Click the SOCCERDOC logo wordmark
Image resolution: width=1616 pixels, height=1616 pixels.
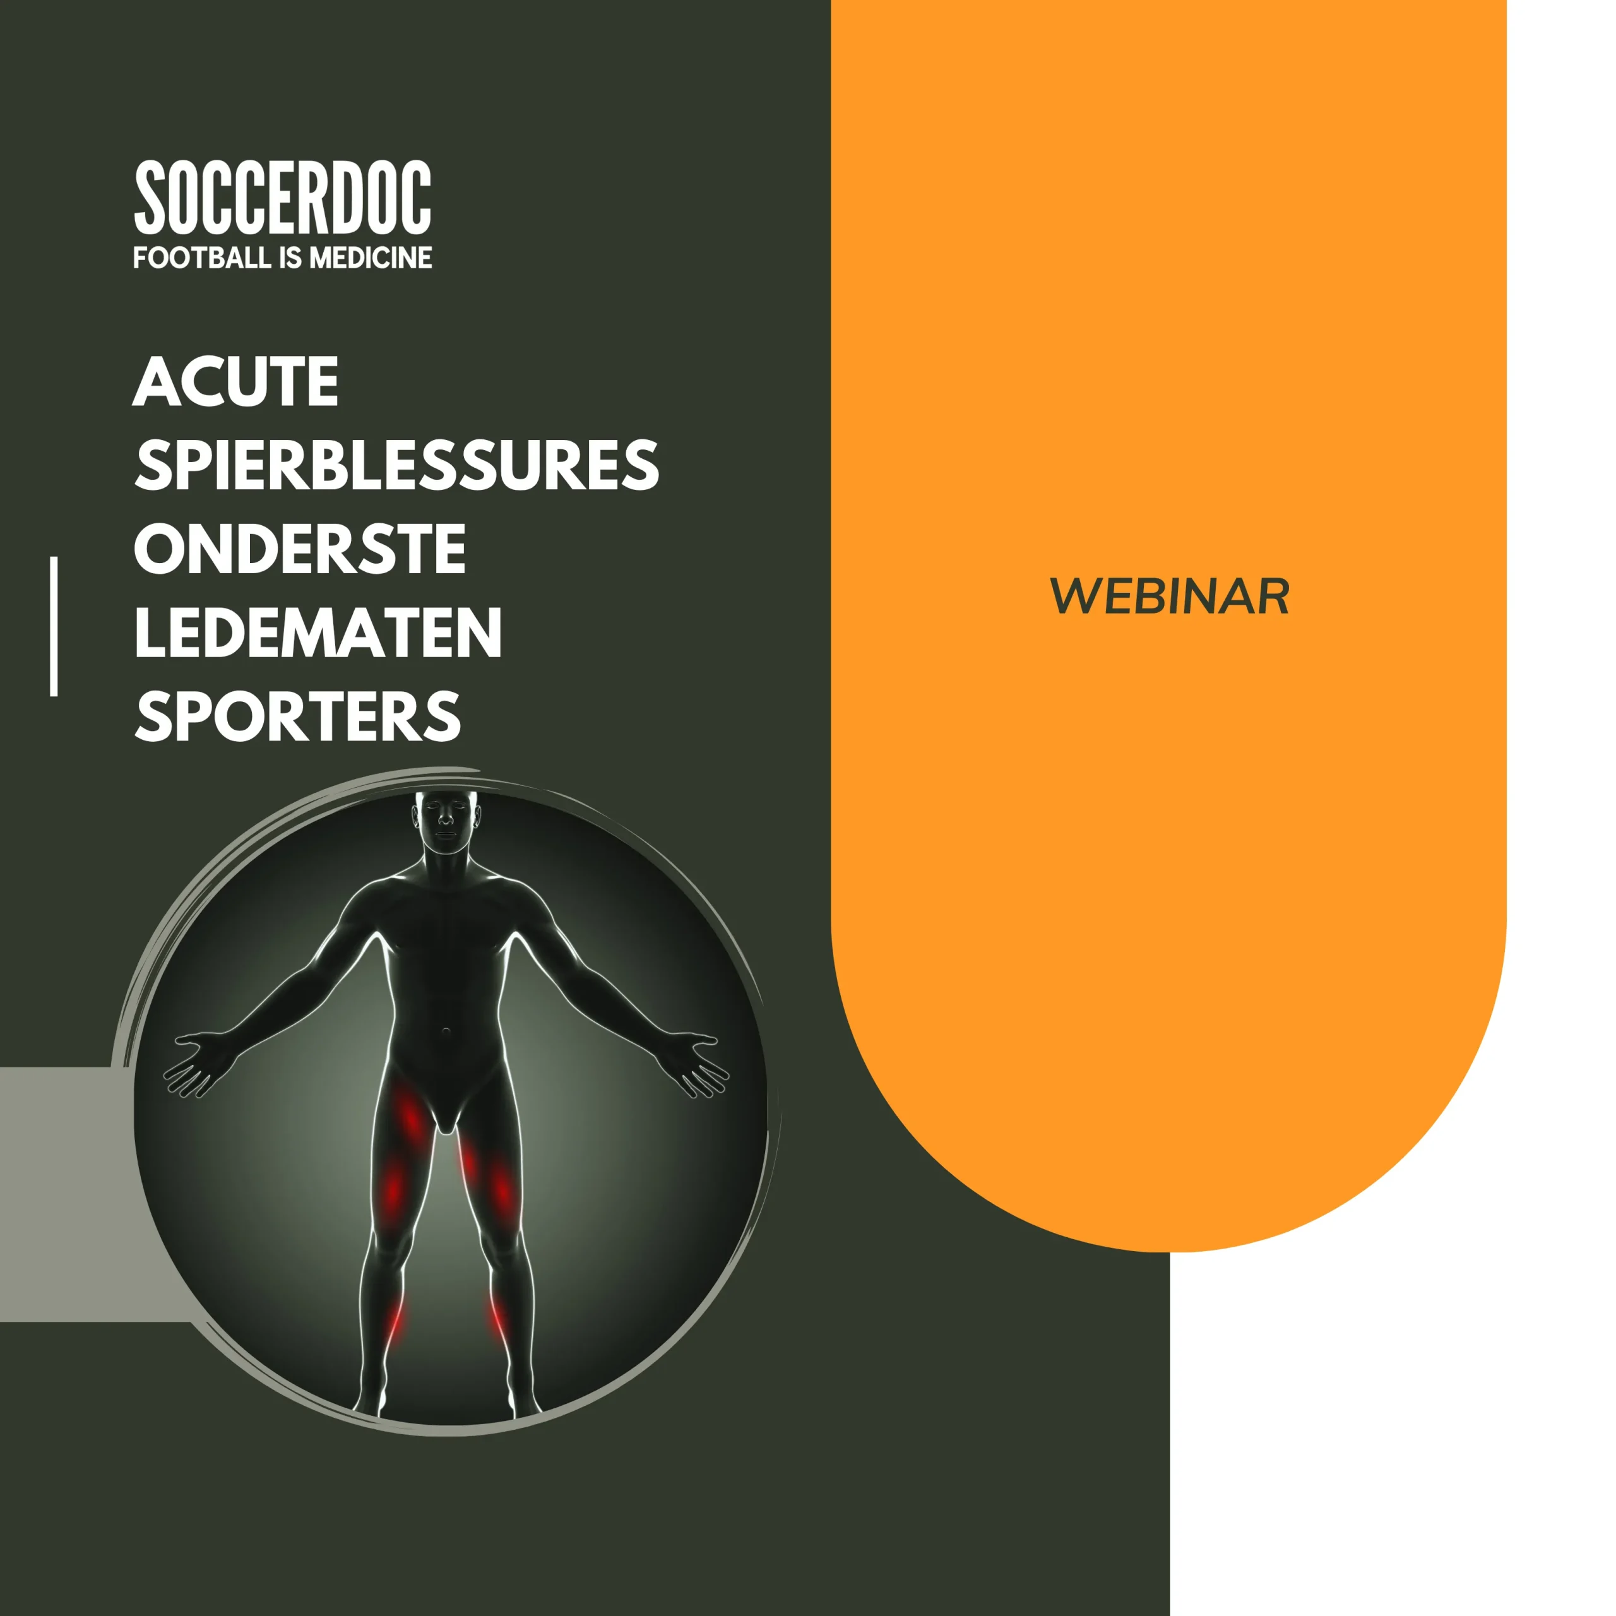[x=283, y=198]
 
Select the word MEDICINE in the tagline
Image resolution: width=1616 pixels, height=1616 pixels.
[x=371, y=258]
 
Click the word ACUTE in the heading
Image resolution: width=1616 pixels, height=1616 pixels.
[x=236, y=383]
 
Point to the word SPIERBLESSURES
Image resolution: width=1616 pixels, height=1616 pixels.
[x=396, y=465]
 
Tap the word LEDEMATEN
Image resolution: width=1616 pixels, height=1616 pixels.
[x=318, y=633]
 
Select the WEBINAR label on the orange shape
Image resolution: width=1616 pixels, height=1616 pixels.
[x=1168, y=597]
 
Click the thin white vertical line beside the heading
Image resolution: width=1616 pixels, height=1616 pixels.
[x=54, y=626]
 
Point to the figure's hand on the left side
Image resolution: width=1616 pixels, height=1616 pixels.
[x=198, y=1062]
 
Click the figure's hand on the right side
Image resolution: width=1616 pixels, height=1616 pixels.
[x=693, y=1062]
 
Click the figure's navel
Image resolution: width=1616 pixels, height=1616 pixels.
[x=447, y=1034]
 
